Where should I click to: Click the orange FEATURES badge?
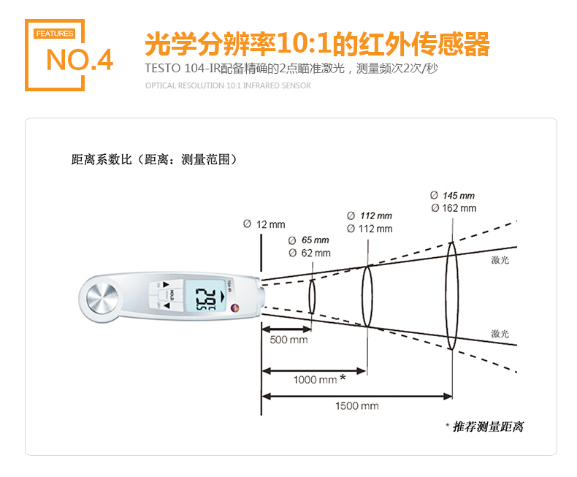pos(55,34)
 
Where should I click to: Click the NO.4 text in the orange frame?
pos(80,60)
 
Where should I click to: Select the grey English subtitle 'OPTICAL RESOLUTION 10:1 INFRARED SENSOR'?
pos(228,85)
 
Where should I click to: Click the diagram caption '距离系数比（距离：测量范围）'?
pos(155,160)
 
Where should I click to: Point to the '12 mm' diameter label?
pos(270,224)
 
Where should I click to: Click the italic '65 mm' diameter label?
pos(315,240)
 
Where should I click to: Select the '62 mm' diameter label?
pos(316,253)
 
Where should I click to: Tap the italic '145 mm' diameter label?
pos(459,196)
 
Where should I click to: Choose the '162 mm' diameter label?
pos(459,208)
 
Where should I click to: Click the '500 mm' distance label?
pos(288,340)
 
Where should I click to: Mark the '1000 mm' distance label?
pos(316,379)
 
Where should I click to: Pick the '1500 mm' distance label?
pos(357,406)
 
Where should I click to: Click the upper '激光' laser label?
pos(500,260)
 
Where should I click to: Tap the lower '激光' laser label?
pos(500,334)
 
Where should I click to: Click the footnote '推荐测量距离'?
pos(488,427)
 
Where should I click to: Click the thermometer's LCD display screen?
pos(205,296)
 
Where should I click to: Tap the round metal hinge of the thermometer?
pos(102,298)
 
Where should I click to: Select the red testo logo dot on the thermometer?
pos(234,308)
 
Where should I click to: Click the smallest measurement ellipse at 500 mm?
pos(309,297)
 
